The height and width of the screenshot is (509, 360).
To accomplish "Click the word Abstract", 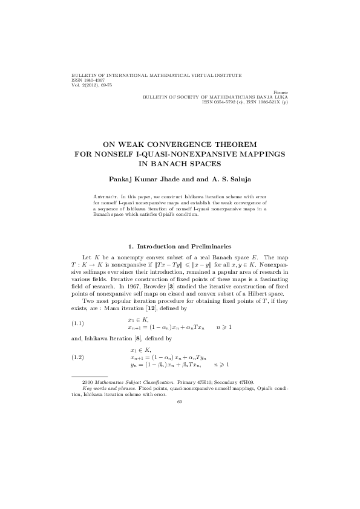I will tap(106, 196).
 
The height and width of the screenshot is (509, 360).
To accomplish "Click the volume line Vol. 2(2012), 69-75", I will tap(91, 85).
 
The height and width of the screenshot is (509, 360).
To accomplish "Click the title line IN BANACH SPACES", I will tap(180, 163).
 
